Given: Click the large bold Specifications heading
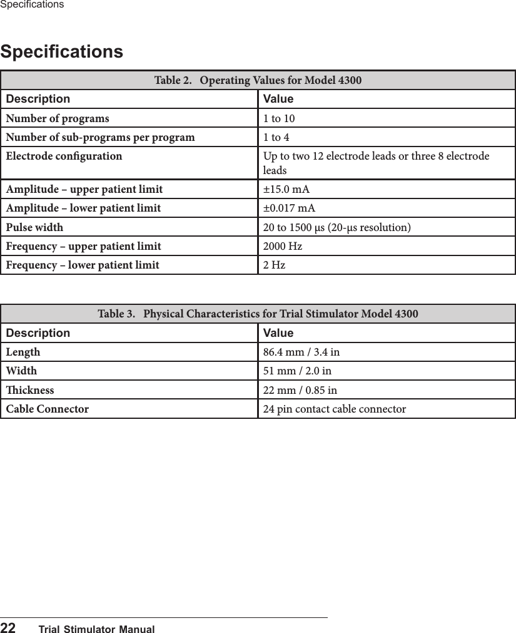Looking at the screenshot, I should point(62,51).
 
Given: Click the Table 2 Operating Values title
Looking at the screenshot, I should point(258,81).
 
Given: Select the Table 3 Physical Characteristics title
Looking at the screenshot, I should point(258,314).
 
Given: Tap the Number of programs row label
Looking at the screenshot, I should point(58,119).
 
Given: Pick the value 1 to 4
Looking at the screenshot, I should point(276,138).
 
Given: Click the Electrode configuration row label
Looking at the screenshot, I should point(64,156).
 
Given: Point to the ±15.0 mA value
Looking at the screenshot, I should point(286,190).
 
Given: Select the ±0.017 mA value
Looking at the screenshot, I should point(289,208).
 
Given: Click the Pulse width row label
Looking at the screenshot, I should point(34,227).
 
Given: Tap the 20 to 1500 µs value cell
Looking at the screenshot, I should point(336,227).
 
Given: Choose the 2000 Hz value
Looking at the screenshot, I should point(282,247).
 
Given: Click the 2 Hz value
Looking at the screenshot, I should point(274,265).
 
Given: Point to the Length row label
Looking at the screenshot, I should point(23,353).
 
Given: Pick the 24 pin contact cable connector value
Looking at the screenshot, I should point(334,409).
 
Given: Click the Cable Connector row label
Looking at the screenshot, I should point(48,409).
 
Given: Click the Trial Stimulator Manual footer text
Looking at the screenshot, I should point(96,629).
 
